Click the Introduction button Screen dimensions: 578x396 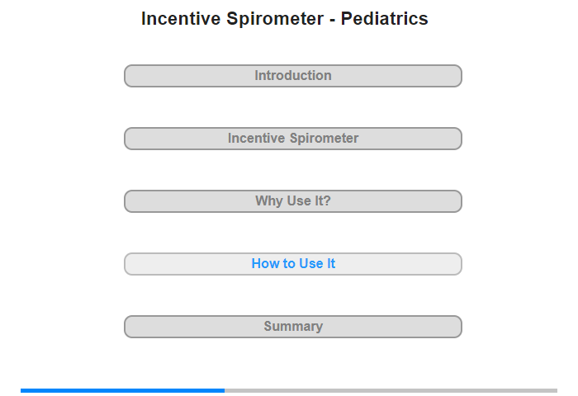(292, 76)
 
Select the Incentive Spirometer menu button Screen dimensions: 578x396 (292, 139)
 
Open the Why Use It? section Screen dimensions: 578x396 (292, 201)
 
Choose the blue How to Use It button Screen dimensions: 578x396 (292, 264)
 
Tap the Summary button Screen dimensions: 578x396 (292, 327)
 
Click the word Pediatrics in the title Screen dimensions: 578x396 (384, 18)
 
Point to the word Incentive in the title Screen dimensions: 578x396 (181, 18)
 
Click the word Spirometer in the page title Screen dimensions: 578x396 (275, 19)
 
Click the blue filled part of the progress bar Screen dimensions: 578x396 (122, 390)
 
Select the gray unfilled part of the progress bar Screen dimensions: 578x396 (391, 390)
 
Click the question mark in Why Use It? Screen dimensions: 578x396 (327, 200)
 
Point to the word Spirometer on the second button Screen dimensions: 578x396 (324, 139)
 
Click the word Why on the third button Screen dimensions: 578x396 (269, 201)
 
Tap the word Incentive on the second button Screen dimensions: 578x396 (256, 138)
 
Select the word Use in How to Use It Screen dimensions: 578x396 (310, 263)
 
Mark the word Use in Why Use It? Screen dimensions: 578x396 (299, 200)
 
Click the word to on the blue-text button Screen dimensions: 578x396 (289, 264)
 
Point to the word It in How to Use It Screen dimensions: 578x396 (331, 263)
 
